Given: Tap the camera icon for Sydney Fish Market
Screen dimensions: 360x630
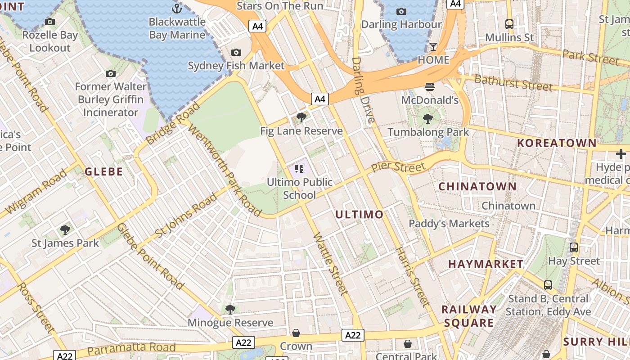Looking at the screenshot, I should pyautogui.click(x=236, y=53).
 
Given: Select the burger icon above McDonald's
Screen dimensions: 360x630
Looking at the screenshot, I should pyautogui.click(x=430, y=86).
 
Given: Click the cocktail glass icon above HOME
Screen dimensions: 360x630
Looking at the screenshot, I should pyautogui.click(x=433, y=46).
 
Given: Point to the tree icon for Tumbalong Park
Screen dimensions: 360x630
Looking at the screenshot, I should pyautogui.click(x=428, y=119).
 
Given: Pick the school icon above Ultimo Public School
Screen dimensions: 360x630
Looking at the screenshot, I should pyautogui.click(x=299, y=169).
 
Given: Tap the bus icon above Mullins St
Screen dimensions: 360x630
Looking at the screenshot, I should pyautogui.click(x=509, y=24).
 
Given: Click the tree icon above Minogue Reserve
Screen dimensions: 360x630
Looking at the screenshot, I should pyautogui.click(x=230, y=309).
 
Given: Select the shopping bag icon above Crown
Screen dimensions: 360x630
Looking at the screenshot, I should pyautogui.click(x=296, y=333).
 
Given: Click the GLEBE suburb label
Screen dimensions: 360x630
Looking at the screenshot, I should pyautogui.click(x=104, y=171).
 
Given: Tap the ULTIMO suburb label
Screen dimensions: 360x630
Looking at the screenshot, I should pyautogui.click(x=359, y=215).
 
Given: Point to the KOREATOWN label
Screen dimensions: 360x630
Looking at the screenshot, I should pyautogui.click(x=557, y=143).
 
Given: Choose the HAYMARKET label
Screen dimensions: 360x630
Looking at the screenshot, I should pyautogui.click(x=486, y=264).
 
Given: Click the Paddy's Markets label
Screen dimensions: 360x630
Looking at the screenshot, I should pyautogui.click(x=449, y=224).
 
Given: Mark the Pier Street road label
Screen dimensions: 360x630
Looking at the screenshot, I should pyautogui.click(x=398, y=167).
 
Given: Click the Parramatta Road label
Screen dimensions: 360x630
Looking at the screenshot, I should pyautogui.click(x=131, y=348).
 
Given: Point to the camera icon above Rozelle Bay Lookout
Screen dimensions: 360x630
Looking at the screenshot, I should pyautogui.click(x=50, y=22).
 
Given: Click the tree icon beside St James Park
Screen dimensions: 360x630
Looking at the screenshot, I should pyautogui.click(x=65, y=230).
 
